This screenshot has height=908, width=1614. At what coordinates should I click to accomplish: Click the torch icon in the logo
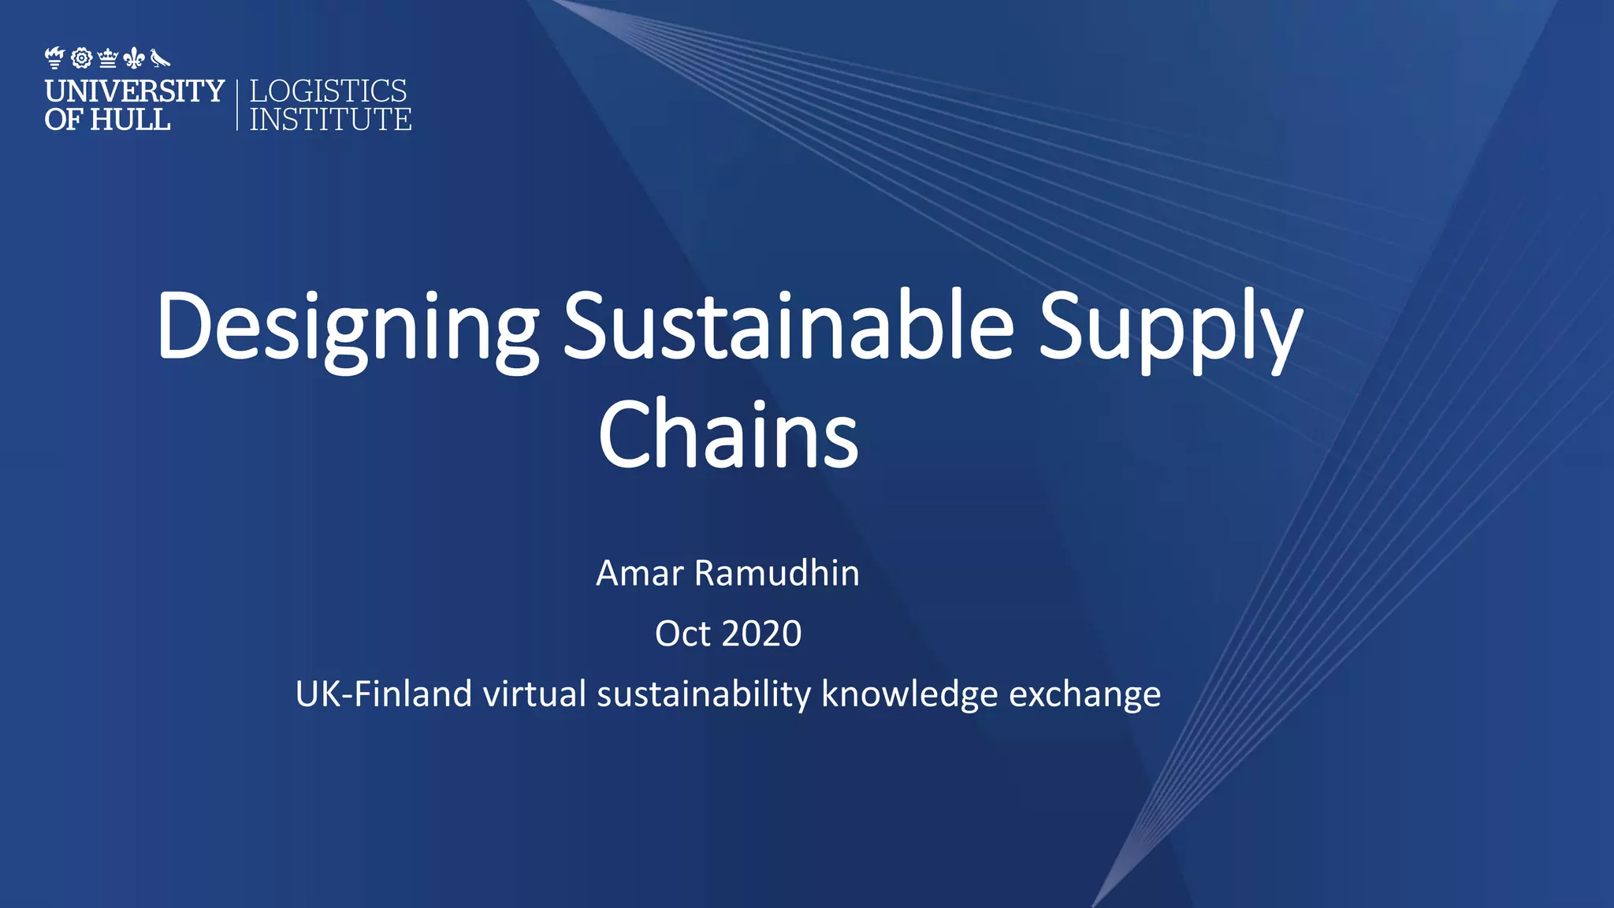coord(54,58)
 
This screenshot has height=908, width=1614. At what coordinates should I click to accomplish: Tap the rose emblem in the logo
coord(81,58)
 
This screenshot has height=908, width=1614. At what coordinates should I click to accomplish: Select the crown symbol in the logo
coord(108,58)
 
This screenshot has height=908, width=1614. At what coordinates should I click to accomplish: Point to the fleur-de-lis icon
coord(134,58)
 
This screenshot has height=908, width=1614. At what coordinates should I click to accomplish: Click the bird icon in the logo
coord(160,58)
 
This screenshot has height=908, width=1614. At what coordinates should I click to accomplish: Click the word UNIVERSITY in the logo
coord(135,91)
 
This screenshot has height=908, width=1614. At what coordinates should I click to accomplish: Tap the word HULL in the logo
coord(130,120)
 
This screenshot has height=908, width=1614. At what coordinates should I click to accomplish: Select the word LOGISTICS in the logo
coord(328,91)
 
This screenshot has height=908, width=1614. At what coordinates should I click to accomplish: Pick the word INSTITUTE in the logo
coord(330,120)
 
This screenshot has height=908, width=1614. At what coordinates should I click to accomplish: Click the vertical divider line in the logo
coord(236,105)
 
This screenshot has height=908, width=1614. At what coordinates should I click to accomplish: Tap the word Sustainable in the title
coord(788,325)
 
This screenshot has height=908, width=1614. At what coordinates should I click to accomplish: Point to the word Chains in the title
coord(728,434)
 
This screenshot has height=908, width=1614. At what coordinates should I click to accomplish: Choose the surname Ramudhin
coord(776,573)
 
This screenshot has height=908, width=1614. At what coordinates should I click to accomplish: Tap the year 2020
coord(761,634)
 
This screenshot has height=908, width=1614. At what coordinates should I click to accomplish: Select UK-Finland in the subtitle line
coord(383,694)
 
